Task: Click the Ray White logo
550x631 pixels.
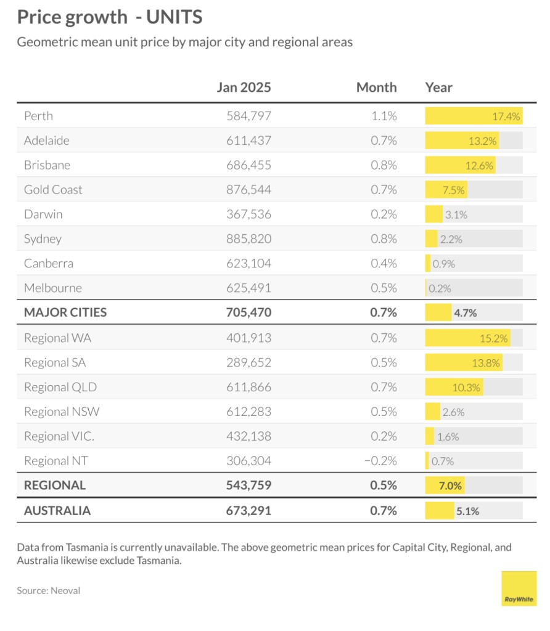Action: [519, 588]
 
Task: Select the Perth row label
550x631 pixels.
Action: [38, 116]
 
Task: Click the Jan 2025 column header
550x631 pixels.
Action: [244, 88]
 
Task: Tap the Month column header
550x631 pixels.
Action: [376, 88]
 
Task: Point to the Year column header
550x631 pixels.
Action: [438, 88]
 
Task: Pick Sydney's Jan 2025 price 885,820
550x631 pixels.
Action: [248, 238]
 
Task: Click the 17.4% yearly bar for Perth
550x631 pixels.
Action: [473, 116]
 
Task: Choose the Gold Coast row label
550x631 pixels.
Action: [53, 190]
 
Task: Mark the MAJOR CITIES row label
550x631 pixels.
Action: [65, 312]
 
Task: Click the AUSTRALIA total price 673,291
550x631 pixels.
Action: [248, 510]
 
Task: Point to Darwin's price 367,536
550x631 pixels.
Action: [248, 214]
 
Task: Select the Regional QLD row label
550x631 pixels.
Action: [60, 387]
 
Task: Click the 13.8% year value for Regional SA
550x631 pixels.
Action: [485, 362]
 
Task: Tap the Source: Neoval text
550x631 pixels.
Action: [48, 590]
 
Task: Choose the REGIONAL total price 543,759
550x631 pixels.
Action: [248, 485]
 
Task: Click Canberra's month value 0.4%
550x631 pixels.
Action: [384, 263]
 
